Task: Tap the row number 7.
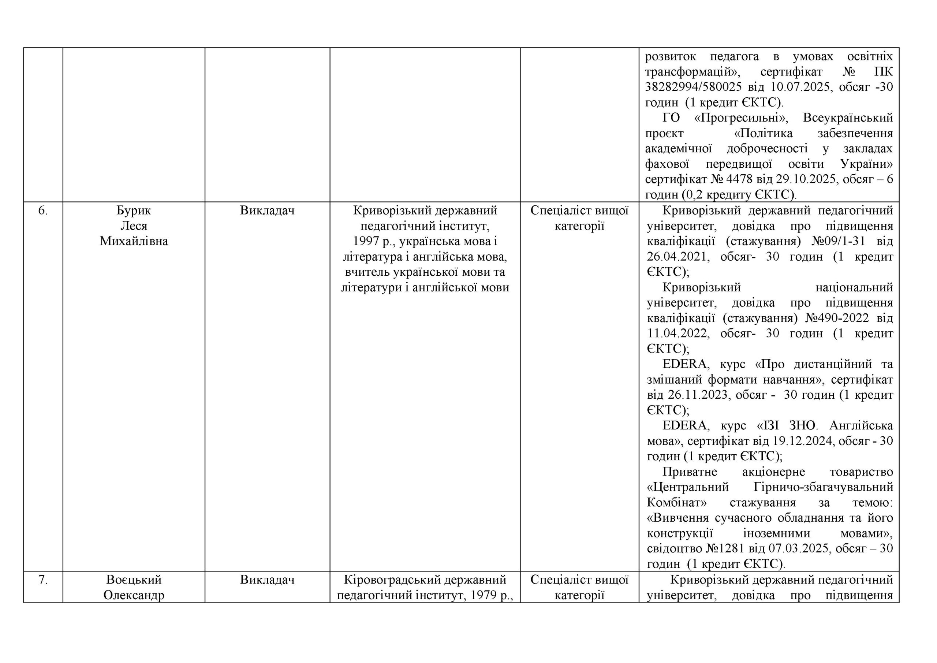pos(43,580)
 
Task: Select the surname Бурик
pos(134,211)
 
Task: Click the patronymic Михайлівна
pos(134,241)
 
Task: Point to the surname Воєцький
pos(134,580)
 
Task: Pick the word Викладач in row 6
pos(267,211)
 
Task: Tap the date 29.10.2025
pos(802,179)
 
